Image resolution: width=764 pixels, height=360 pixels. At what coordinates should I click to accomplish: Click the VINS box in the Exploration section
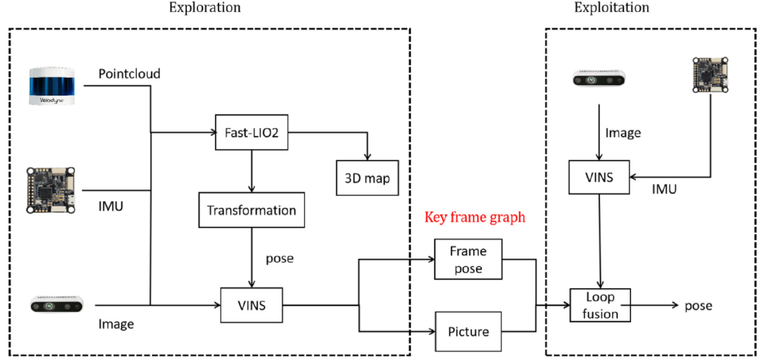[x=252, y=306]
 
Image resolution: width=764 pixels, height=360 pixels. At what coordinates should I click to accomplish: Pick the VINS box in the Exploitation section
[x=601, y=177]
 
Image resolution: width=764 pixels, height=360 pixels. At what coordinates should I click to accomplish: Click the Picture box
[x=467, y=330]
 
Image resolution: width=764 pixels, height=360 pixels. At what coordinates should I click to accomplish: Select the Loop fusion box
[x=600, y=305]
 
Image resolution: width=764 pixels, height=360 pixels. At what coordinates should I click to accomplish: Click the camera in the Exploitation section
[x=600, y=81]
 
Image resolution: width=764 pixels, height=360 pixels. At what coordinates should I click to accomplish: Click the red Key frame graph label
[x=475, y=217]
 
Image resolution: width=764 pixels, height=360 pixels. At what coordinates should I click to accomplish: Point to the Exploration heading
[x=204, y=8]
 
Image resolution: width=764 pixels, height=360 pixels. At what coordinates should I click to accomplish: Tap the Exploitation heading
[x=611, y=8]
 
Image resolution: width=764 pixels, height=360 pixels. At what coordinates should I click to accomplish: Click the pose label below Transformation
[x=279, y=258]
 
